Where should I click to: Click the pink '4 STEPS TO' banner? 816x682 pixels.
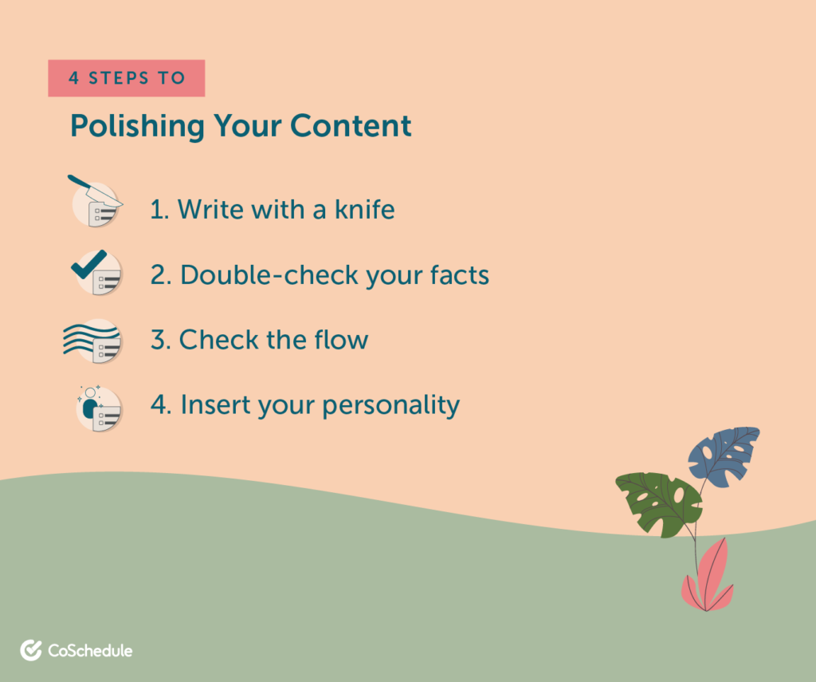127,78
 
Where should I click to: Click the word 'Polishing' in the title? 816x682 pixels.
137,127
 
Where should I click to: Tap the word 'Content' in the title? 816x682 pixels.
351,126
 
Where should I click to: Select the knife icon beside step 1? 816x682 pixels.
96,202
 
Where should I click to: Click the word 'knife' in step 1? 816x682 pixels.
364,210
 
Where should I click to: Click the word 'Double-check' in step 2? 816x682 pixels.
269,276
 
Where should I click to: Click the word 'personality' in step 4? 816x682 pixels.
390,406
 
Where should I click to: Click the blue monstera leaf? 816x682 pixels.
724,456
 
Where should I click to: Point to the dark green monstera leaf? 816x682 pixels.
659,503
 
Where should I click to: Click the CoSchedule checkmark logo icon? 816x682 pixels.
31,650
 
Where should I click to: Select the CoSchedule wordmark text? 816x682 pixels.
90,651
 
